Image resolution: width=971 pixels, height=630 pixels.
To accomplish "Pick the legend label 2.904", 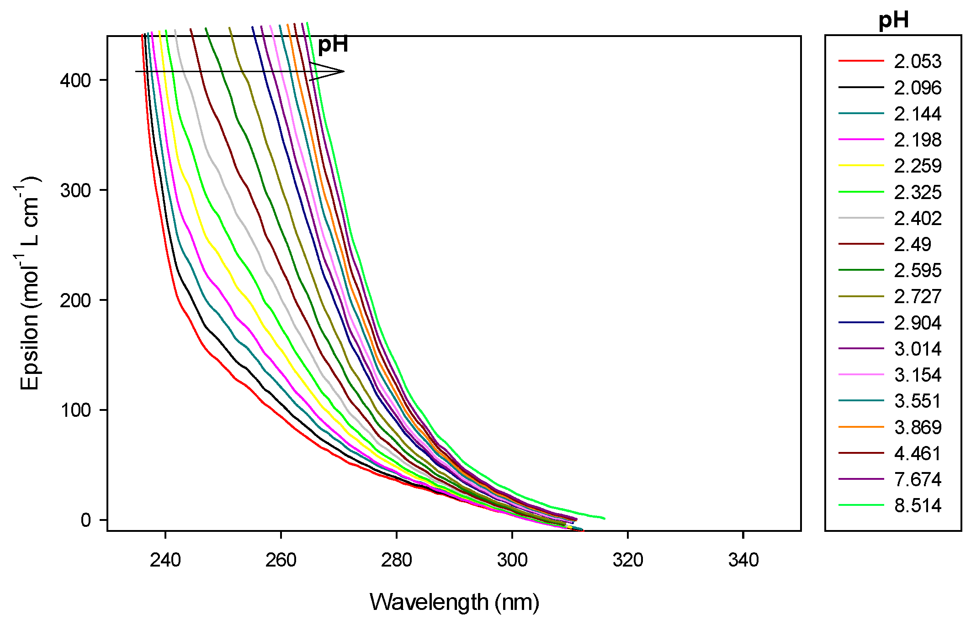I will pyautogui.click(x=917, y=323).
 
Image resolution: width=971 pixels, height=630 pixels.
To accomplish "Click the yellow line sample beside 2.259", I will pyautogui.click(x=861, y=165).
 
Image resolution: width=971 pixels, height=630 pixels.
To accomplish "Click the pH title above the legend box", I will pyautogui.click(x=893, y=20).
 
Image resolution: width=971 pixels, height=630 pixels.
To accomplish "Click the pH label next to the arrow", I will pyautogui.click(x=333, y=45).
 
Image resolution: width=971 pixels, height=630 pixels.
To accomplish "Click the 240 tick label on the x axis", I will pyautogui.click(x=165, y=560).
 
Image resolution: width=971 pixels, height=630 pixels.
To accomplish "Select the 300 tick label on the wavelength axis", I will pyautogui.click(x=512, y=560).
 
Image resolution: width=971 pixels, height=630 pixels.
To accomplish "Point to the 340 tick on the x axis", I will pyautogui.click(x=743, y=560).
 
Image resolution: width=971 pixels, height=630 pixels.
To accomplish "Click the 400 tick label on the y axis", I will pyautogui.click(x=76, y=80).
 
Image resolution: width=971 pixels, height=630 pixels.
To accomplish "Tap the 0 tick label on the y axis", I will pyautogui.click(x=86, y=520).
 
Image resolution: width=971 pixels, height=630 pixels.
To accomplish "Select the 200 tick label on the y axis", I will pyautogui.click(x=76, y=300).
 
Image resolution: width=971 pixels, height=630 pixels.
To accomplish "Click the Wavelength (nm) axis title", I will pyautogui.click(x=454, y=603).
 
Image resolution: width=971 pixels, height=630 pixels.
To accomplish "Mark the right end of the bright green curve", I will pyautogui.click(x=604, y=518).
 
